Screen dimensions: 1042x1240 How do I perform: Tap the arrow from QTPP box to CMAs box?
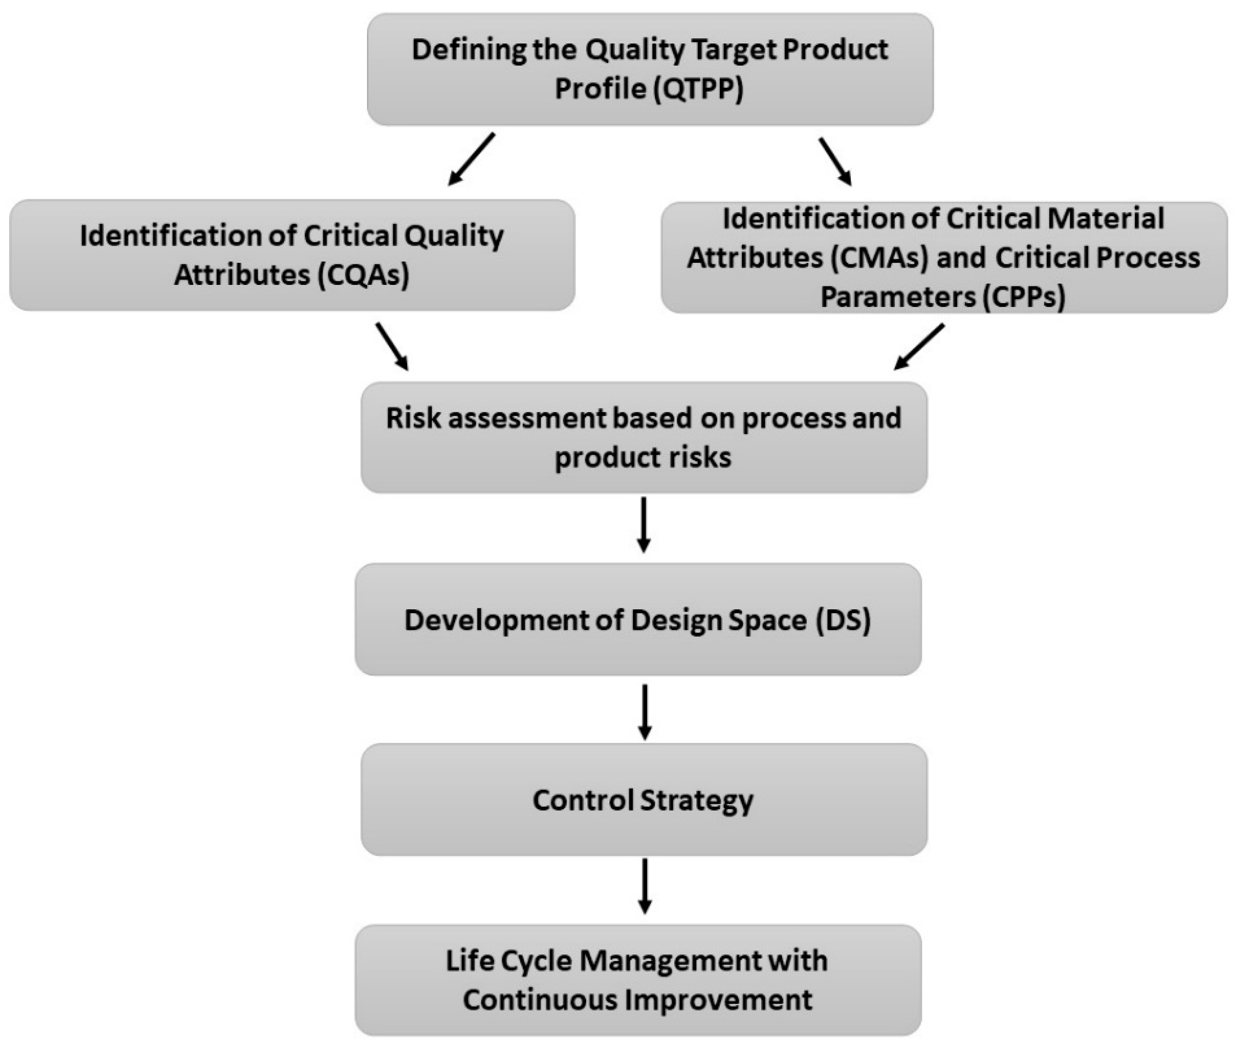point(835,161)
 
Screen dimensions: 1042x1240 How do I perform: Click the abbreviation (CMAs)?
point(880,258)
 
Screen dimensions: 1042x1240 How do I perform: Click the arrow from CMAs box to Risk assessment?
point(919,347)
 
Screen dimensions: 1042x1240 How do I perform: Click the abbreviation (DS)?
point(843,620)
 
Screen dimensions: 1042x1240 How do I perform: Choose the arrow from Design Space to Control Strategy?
point(645,711)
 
